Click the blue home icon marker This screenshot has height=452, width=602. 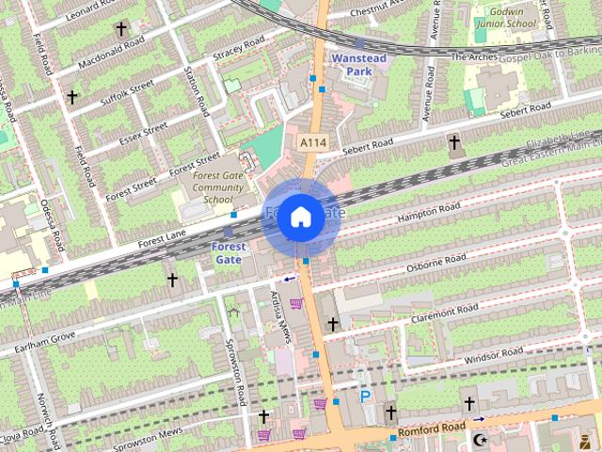click(x=300, y=218)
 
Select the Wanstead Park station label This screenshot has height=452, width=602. click(x=358, y=64)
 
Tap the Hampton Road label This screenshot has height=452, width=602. click(x=430, y=214)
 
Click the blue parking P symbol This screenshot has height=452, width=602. click(x=365, y=397)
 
